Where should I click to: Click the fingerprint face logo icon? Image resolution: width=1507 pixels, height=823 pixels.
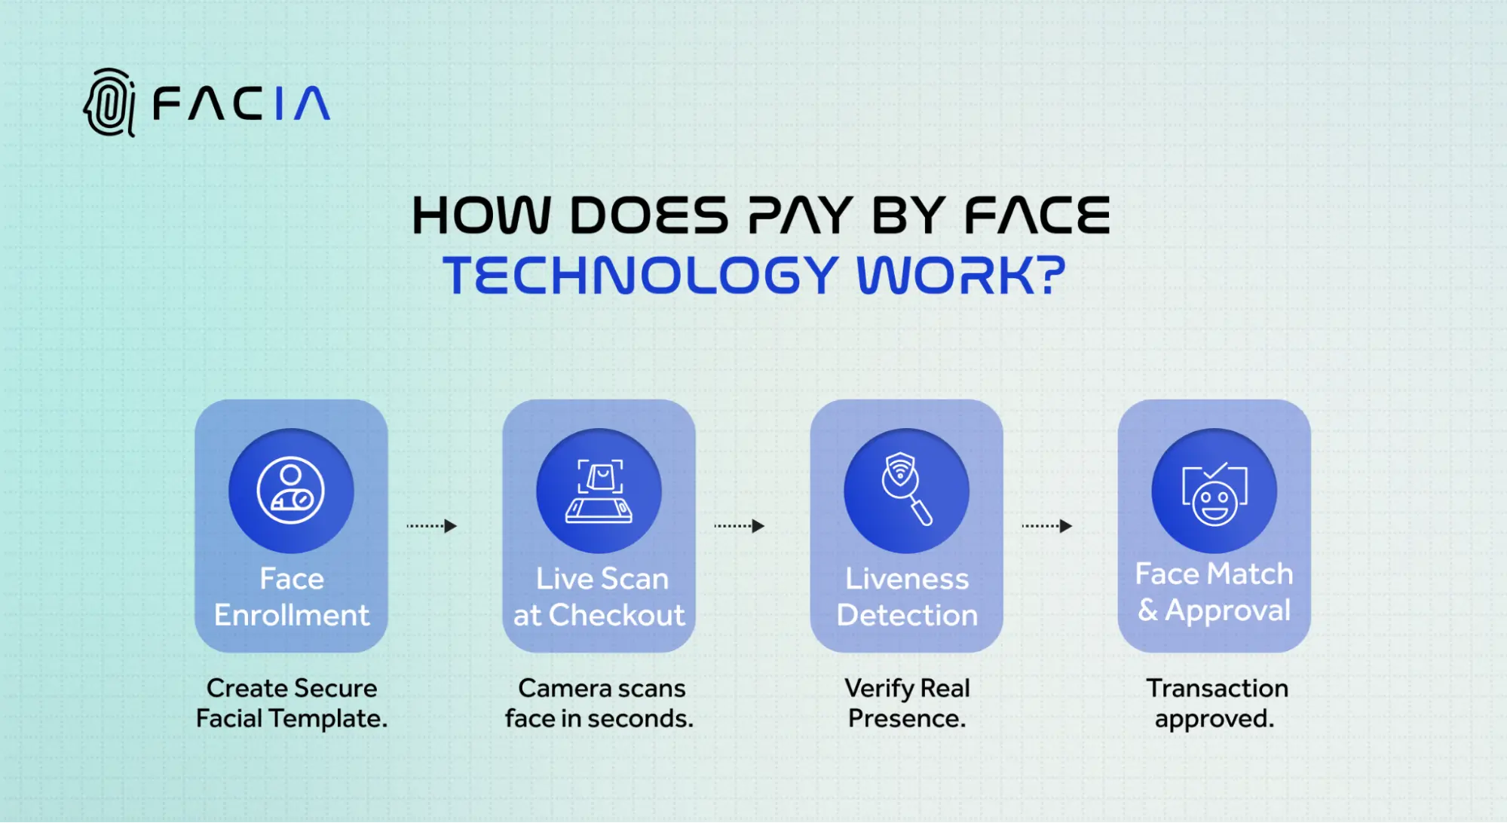(110, 102)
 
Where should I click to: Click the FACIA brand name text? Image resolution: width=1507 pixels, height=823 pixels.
(241, 103)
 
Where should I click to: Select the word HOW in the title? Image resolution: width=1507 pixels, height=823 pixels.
(481, 216)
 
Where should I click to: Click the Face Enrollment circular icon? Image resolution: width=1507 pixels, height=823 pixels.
(291, 491)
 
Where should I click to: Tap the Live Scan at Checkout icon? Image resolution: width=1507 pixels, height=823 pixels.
(599, 491)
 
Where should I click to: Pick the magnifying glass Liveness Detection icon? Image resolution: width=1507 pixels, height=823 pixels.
(906, 491)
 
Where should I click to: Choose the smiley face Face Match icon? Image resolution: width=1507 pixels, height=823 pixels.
(1214, 491)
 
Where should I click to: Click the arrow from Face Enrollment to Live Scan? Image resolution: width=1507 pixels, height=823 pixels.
(432, 526)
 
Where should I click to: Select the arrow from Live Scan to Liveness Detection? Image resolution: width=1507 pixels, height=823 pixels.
(740, 526)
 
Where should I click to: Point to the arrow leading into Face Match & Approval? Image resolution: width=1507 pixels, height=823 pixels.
(1047, 526)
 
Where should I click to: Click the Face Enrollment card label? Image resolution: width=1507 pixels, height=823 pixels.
(292, 597)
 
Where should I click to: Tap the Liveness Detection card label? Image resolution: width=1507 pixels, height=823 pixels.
(907, 597)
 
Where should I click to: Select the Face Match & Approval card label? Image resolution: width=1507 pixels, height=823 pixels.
(1214, 592)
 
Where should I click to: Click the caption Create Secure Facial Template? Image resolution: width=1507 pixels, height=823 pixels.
(292, 703)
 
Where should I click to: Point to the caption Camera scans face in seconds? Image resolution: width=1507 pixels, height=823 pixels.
(599, 703)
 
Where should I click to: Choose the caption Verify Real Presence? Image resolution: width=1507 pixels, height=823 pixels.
(907, 703)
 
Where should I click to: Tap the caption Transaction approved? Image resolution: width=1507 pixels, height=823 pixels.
(1216, 703)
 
